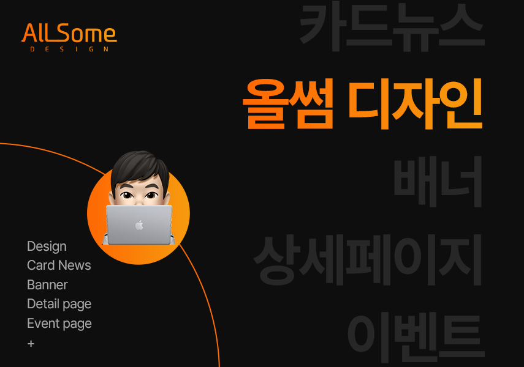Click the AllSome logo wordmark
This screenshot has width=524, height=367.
[x=69, y=33]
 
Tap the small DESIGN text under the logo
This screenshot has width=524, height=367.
[x=69, y=50]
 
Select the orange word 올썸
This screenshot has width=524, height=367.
[x=287, y=104]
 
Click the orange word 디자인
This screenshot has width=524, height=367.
[x=415, y=104]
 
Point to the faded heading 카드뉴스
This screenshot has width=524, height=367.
[x=392, y=27]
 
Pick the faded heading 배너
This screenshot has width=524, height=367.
[x=438, y=182]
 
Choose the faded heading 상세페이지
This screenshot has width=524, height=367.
[x=368, y=260]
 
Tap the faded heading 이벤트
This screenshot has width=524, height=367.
[x=416, y=338]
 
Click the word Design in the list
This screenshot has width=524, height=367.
[x=47, y=247]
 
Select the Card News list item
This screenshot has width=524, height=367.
[x=59, y=265]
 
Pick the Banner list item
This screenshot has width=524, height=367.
[x=47, y=285]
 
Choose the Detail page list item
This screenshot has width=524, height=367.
[x=59, y=304]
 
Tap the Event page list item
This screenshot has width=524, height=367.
[x=59, y=324]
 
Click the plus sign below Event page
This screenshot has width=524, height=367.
[x=31, y=344]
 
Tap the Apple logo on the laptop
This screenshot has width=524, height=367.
[x=139, y=225]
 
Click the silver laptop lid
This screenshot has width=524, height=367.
[x=139, y=224]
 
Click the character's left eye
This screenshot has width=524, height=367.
[x=127, y=195]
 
